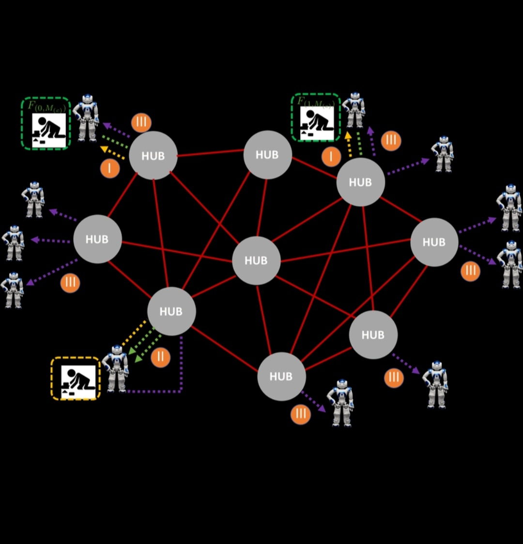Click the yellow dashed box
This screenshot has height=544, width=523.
(x=76, y=379)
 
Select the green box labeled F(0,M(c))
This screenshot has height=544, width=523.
(x=46, y=123)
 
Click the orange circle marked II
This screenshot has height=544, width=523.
(x=160, y=358)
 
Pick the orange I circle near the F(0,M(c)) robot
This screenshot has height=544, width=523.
(x=110, y=168)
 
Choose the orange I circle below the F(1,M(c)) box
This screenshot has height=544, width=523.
(x=331, y=157)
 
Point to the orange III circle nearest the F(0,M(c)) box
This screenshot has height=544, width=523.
(x=141, y=122)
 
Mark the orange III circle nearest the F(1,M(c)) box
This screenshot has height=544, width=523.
(x=391, y=141)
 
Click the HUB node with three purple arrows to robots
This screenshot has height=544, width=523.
(x=97, y=239)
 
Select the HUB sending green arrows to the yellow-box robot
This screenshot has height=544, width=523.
(x=171, y=311)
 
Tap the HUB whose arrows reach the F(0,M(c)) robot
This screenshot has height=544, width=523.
(x=153, y=156)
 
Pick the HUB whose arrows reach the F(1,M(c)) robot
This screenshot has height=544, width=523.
(x=360, y=182)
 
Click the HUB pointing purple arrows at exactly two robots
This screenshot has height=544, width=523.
(x=434, y=242)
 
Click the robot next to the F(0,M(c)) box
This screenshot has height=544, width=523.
(x=86, y=118)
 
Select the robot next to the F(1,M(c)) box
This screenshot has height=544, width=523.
(x=354, y=110)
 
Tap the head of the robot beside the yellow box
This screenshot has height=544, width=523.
(x=117, y=351)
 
